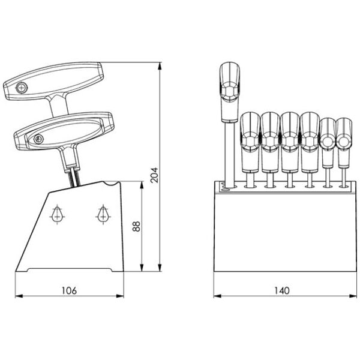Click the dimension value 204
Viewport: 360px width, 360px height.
pos(155,175)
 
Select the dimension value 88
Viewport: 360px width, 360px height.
pos(136,227)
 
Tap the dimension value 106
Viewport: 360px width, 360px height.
pos(69,290)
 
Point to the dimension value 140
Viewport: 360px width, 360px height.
pos(282,290)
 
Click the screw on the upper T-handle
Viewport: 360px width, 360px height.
pos(22,88)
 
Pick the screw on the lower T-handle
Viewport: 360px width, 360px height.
pos(38,139)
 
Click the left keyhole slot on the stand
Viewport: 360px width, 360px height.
pos(57,214)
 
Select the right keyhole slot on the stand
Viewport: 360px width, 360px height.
pos(103,214)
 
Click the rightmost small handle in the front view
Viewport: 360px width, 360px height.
pos(344,143)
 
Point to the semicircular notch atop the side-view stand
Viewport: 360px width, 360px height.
pos(112,184)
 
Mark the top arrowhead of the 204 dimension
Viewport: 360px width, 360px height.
pos(160,66)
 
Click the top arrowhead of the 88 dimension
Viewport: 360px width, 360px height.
pos(142,185)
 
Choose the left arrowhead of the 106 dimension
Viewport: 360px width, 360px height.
pos(19,296)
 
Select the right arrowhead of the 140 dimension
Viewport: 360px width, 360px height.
pos(353,296)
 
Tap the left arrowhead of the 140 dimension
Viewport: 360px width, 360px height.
pos(217,296)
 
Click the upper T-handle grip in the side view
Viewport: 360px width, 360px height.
pos(53,81)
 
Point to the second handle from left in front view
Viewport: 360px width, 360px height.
pos(250,142)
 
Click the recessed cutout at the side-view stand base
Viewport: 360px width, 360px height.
pos(70,270)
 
